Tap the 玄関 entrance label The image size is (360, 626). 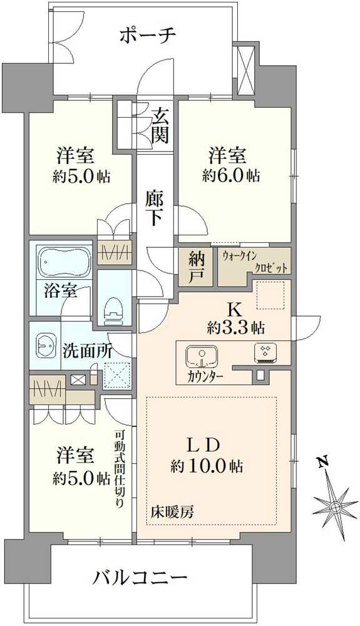pyautogui.click(x=160, y=125)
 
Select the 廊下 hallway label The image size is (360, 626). pyautogui.click(x=155, y=207)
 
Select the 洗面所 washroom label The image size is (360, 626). pyautogui.click(x=87, y=351)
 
